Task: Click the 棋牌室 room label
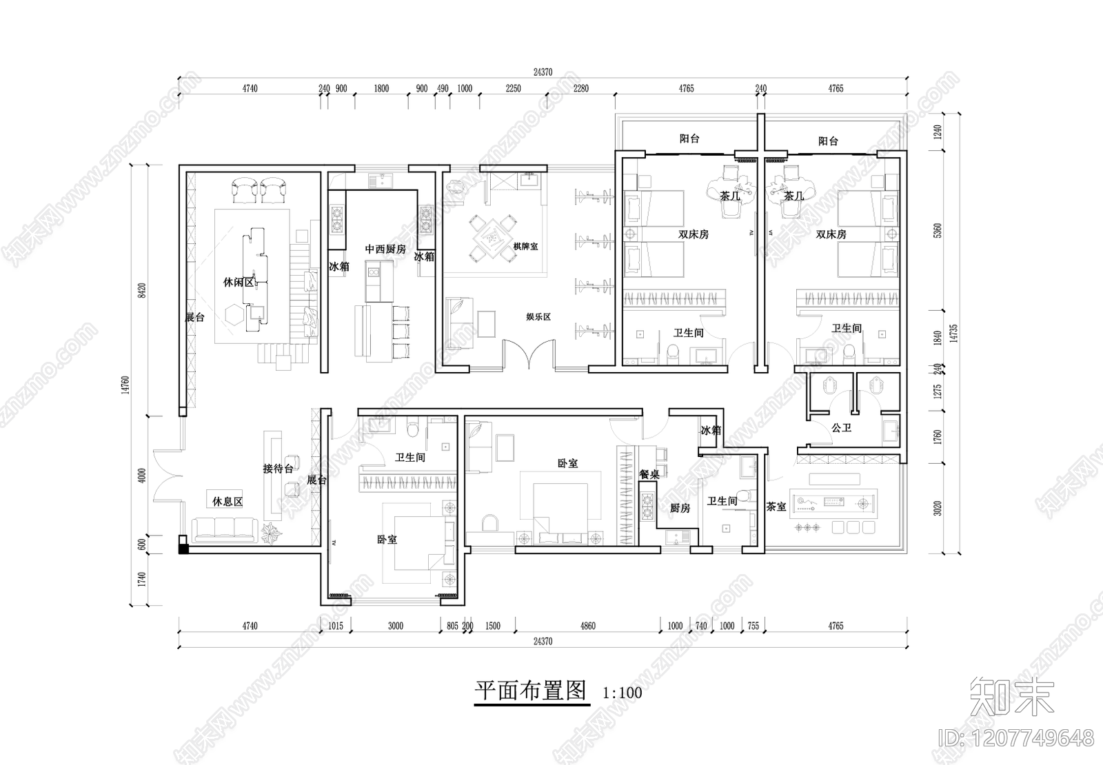[x=525, y=247]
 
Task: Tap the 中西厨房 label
[x=385, y=249]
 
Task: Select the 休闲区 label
[x=239, y=282]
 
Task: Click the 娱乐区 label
[x=538, y=317]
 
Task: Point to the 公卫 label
[x=841, y=428]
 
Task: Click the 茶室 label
[x=776, y=507]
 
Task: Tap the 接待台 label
[x=278, y=469]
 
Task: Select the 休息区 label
[x=227, y=502]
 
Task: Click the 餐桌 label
[x=649, y=474]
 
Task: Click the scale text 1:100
[x=622, y=692]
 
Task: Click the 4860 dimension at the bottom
[x=587, y=626]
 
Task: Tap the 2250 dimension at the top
[x=514, y=88]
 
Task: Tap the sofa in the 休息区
[x=224, y=529]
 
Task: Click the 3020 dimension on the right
[x=937, y=509]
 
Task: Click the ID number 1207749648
[x=1016, y=739]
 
